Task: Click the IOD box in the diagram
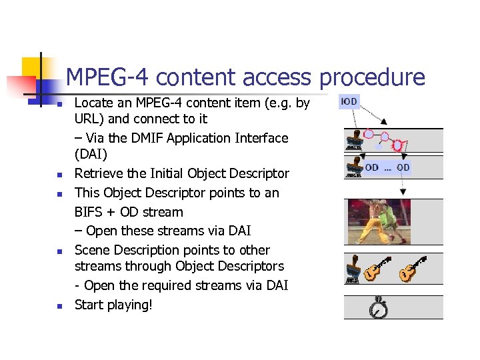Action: click(349, 102)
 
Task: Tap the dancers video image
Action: click(379, 221)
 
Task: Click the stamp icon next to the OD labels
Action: click(353, 166)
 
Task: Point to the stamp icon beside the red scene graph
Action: click(353, 141)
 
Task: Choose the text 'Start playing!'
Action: click(113, 305)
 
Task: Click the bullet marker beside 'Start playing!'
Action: click(59, 306)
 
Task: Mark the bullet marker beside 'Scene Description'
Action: click(59, 251)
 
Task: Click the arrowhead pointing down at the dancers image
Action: click(403, 193)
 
